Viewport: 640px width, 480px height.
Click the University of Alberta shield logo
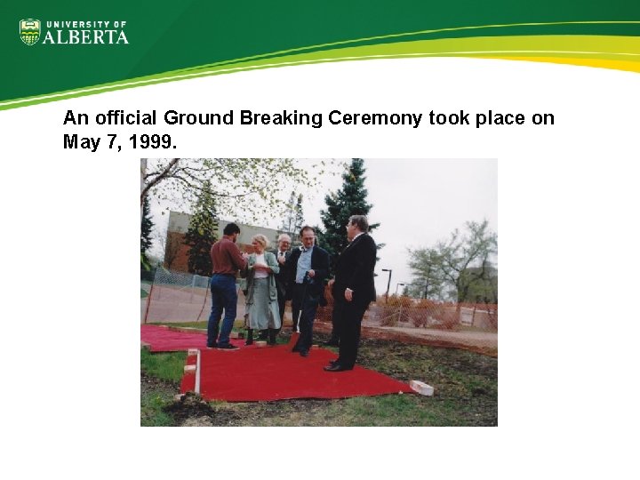coord(30,33)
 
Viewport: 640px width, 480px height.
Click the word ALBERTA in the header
coord(86,36)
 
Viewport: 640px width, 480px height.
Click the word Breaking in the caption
coord(280,118)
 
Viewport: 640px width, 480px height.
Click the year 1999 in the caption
coord(156,142)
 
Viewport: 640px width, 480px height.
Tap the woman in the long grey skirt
coord(261,289)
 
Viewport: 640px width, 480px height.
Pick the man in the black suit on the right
coord(356,289)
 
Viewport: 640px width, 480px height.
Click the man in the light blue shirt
coord(306,284)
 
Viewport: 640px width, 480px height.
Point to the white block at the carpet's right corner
coord(422,388)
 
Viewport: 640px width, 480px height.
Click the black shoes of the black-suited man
coord(339,364)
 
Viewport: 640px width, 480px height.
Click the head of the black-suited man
coord(358,224)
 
